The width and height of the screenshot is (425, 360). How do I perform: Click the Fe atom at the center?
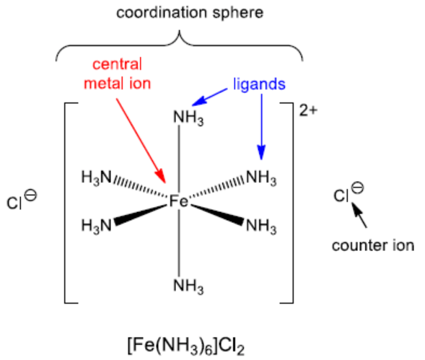click(x=178, y=201)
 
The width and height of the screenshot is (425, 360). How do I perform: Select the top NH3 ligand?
click(x=188, y=118)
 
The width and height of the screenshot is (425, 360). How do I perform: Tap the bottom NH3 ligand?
click(x=188, y=286)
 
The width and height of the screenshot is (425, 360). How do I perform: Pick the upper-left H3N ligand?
click(x=97, y=177)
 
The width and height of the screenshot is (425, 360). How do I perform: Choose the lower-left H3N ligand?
click(x=97, y=226)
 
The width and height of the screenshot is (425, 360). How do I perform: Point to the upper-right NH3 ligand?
click(x=261, y=177)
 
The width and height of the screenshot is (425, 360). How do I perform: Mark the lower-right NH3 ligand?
click(x=261, y=226)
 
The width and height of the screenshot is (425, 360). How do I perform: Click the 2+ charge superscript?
click(x=308, y=110)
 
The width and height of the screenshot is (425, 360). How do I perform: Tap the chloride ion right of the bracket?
click(x=349, y=193)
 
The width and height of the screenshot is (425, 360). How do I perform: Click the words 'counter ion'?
click(x=373, y=245)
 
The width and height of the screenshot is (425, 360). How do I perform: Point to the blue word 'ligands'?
click(x=259, y=84)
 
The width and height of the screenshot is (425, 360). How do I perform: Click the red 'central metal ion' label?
click(x=117, y=74)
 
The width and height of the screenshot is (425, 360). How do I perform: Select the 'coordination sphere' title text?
click(x=190, y=13)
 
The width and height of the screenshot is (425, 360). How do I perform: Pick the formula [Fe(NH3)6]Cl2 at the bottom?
click(x=186, y=346)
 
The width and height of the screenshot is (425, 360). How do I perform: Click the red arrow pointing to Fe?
click(x=141, y=141)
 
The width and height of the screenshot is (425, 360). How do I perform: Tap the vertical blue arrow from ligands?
click(x=261, y=127)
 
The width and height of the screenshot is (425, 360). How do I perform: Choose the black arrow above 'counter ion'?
click(x=359, y=215)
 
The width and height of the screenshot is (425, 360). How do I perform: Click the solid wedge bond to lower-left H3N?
click(x=141, y=215)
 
